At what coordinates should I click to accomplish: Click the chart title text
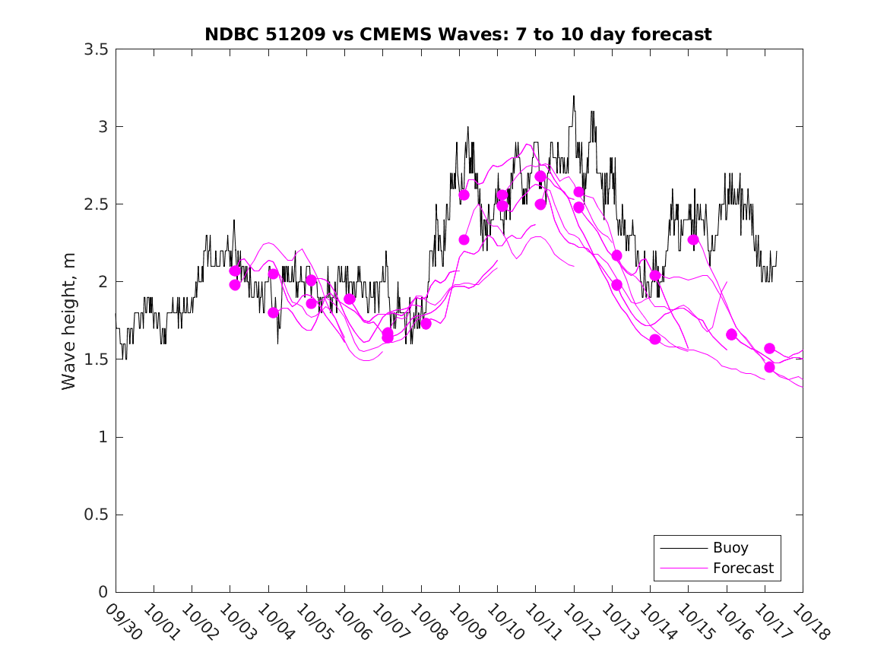pyautogui.click(x=458, y=35)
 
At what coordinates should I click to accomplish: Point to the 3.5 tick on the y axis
pyautogui.click(x=97, y=49)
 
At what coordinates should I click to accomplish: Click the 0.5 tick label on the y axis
pyautogui.click(x=97, y=515)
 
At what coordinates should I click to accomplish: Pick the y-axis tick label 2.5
pyautogui.click(x=97, y=204)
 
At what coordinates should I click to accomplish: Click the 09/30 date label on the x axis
pyautogui.click(x=122, y=622)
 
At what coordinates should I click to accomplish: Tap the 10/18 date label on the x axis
pyautogui.click(x=809, y=622)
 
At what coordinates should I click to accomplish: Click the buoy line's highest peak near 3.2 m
pyautogui.click(x=574, y=97)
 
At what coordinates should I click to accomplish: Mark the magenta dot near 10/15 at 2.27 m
pyautogui.click(x=693, y=239)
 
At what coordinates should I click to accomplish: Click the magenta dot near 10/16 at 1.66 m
pyautogui.click(x=731, y=334)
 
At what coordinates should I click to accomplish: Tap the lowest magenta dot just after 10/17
pyautogui.click(x=769, y=367)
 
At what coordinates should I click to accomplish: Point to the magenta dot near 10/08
pyautogui.click(x=426, y=324)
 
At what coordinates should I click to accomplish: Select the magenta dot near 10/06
pyautogui.click(x=350, y=299)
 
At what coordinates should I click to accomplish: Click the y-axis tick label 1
pyautogui.click(x=103, y=437)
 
